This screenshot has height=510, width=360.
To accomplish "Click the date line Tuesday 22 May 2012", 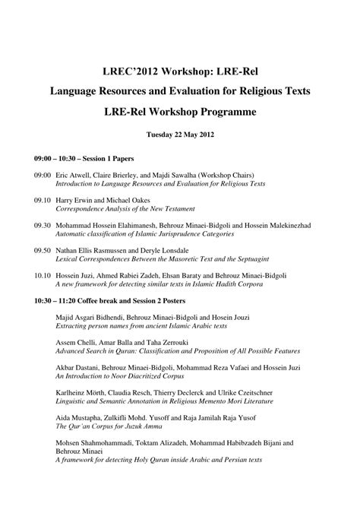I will pos(179,138).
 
